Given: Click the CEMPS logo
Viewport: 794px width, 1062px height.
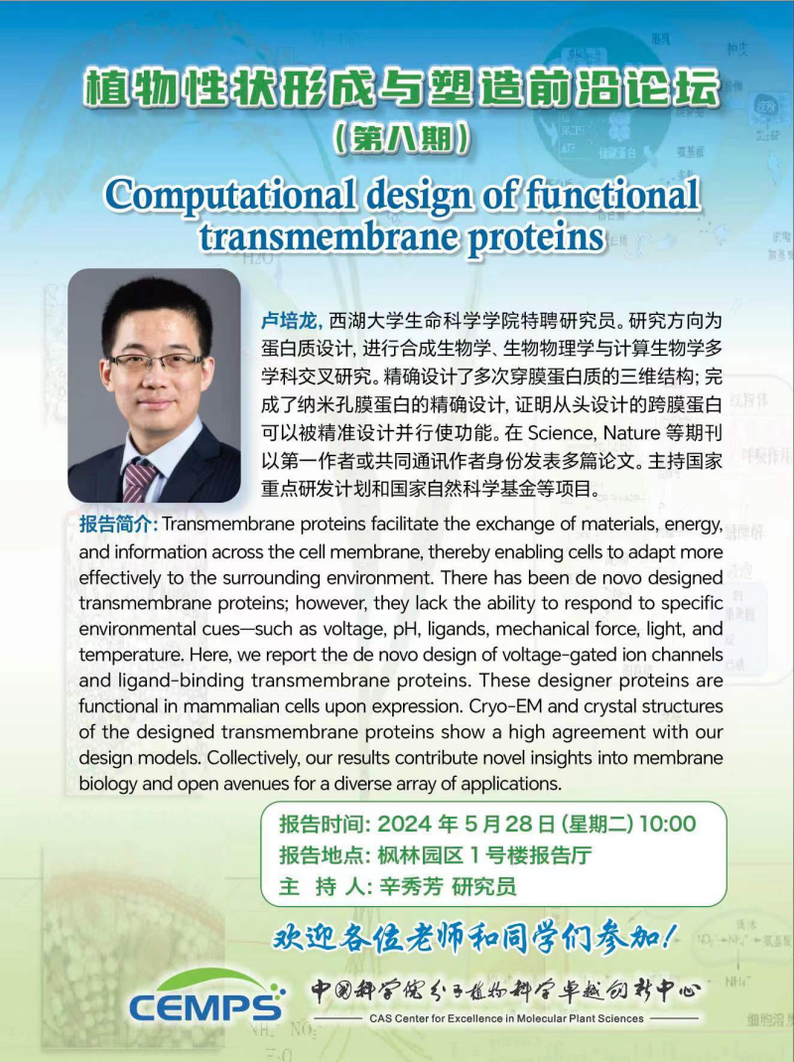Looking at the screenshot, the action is pyautogui.click(x=206, y=995).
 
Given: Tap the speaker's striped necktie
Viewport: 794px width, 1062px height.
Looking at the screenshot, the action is pyautogui.click(x=137, y=479).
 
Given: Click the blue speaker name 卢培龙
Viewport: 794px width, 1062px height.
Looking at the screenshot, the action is pyautogui.click(x=289, y=319).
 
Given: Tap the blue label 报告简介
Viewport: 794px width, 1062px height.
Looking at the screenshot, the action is pyautogui.click(x=117, y=524).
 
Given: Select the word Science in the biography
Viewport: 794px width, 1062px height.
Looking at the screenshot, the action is pyautogui.click(x=561, y=432).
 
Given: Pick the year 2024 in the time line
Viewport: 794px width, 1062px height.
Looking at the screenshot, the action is pyautogui.click(x=404, y=824).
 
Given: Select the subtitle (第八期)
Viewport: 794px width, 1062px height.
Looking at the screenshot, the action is pyautogui.click(x=402, y=138).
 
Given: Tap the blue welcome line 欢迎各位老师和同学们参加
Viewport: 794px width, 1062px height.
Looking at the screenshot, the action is pyautogui.click(x=472, y=938).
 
